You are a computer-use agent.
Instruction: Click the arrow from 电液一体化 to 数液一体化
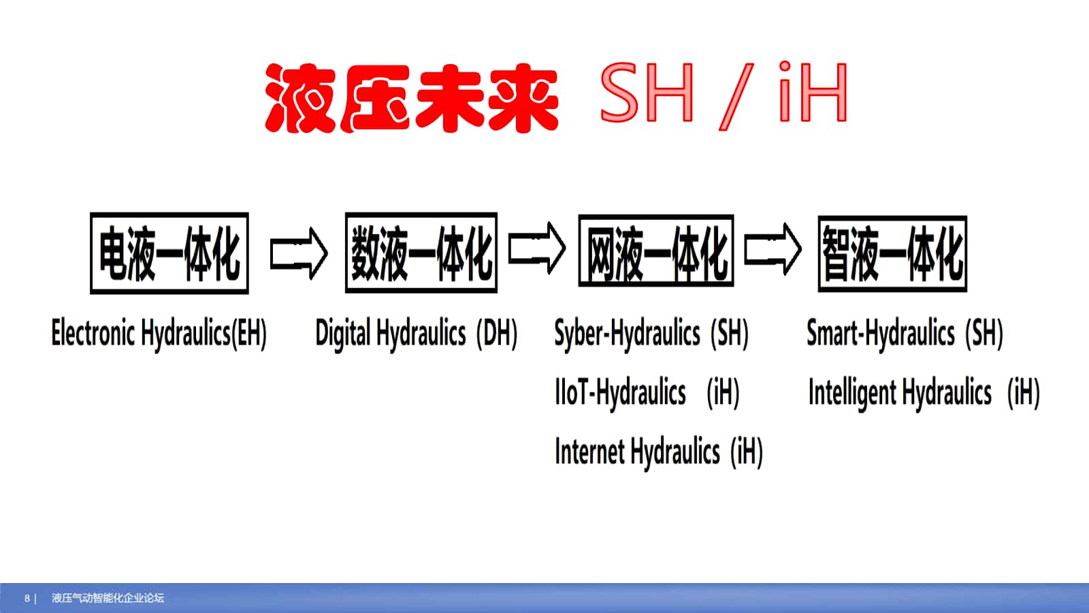coord(299,253)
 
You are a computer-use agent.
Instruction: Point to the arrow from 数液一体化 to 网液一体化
coord(537,248)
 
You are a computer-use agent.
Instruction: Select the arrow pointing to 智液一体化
coord(773,249)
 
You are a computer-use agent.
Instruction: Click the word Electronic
coord(93,333)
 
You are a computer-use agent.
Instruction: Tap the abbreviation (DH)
coord(497,334)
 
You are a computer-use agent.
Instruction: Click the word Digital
coord(343,334)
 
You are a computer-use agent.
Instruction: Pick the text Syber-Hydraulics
coord(627,334)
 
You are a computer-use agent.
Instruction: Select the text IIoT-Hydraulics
coord(620,392)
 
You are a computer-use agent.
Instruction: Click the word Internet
coord(589,451)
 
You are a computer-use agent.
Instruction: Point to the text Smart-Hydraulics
coord(881,334)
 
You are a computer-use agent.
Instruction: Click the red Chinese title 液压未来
coord(412,98)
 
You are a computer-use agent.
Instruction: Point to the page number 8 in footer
coord(27,599)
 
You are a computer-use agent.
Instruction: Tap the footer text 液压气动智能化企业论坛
coord(108,598)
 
